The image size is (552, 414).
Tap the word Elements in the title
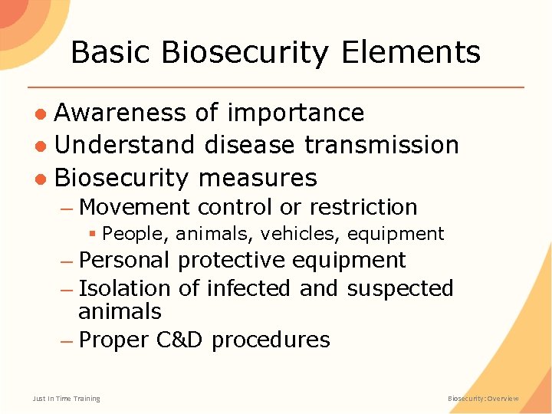(411, 53)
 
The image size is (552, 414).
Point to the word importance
(296, 113)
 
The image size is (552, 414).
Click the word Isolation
(124, 288)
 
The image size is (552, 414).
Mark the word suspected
(400, 288)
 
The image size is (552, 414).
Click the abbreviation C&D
(179, 340)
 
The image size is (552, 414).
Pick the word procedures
(271, 340)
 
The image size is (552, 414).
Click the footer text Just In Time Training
(66, 399)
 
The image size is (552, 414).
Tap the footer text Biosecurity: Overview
(483, 399)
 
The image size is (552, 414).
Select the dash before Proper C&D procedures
(67, 340)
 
